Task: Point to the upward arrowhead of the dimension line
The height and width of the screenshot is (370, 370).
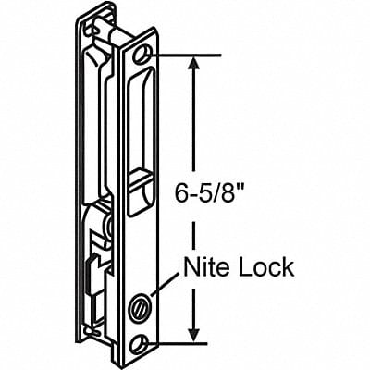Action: tap(193, 63)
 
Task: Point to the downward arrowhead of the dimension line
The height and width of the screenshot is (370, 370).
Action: tap(193, 336)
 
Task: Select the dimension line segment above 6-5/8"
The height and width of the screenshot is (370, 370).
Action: tap(193, 120)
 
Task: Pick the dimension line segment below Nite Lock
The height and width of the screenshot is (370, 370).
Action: tap(193, 310)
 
